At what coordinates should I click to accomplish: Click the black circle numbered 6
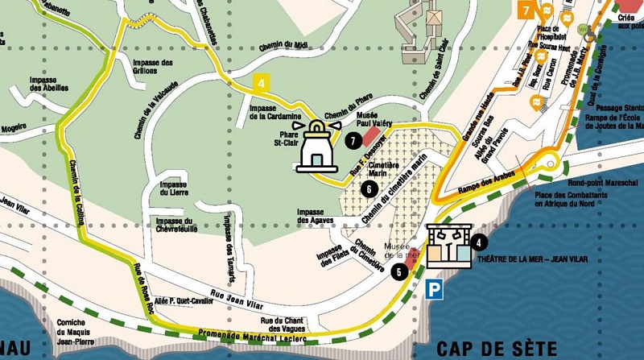click(x=368, y=189)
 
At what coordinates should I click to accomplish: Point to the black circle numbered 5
click(x=399, y=271)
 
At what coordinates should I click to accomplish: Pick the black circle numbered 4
click(x=480, y=240)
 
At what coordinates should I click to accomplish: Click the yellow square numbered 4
click(x=260, y=82)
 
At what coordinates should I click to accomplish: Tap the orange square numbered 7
click(x=525, y=10)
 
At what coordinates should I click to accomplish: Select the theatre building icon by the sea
click(x=449, y=245)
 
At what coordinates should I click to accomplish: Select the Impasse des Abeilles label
click(x=47, y=85)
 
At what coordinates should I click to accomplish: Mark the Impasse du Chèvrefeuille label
click(x=177, y=225)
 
